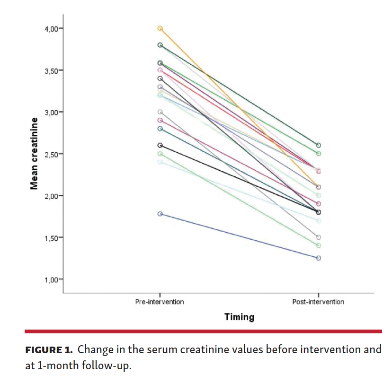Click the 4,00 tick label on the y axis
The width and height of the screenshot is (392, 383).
click(51, 28)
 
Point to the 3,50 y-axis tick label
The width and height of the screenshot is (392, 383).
click(51, 70)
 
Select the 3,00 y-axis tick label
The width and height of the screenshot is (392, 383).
click(51, 112)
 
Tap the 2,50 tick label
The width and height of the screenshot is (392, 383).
click(51, 154)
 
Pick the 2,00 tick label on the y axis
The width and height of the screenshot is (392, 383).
click(51, 196)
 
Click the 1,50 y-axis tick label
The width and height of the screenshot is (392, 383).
click(51, 237)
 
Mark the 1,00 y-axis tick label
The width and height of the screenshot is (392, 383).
click(51, 279)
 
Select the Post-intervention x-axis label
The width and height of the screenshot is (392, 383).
click(318, 302)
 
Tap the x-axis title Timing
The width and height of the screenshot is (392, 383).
click(239, 317)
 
